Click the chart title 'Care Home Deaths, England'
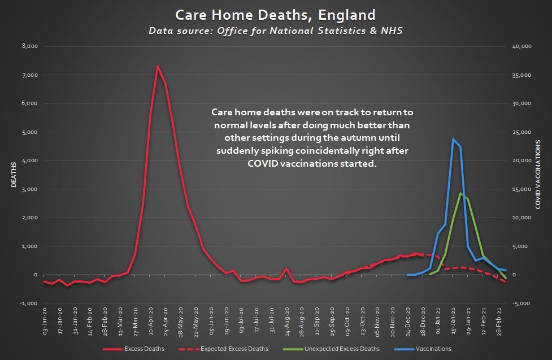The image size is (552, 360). (x=276, y=15)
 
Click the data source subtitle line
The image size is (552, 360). (x=276, y=31)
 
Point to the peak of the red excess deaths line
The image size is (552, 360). (x=158, y=66)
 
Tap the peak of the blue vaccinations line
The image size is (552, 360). (x=453, y=138)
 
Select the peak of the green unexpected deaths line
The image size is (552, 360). (x=460, y=193)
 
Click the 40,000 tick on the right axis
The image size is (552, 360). (x=520, y=46)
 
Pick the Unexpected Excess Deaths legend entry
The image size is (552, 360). (x=338, y=349)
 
